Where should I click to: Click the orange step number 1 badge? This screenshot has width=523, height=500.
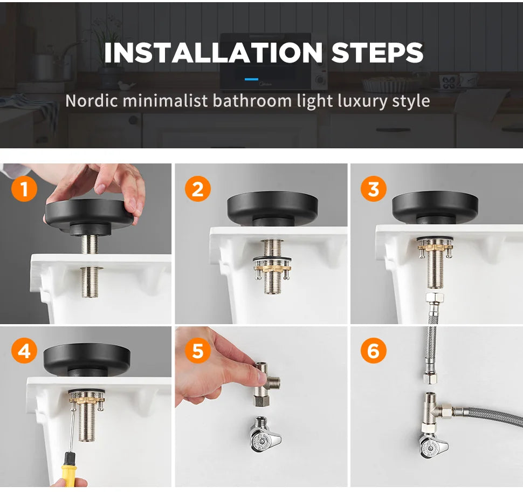pyautogui.click(x=24, y=189)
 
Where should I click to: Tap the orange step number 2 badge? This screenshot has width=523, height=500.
pyautogui.click(x=198, y=189)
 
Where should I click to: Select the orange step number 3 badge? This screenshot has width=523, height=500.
pyautogui.click(x=373, y=189)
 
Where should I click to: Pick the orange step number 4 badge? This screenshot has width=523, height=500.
pyautogui.click(x=24, y=351)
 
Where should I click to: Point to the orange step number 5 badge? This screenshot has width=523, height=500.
pyautogui.click(x=198, y=351)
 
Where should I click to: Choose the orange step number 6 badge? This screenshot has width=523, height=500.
pyautogui.click(x=373, y=351)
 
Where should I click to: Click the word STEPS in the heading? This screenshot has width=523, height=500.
pyautogui.click(x=377, y=52)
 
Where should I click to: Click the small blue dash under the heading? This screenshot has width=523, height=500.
pyautogui.click(x=251, y=79)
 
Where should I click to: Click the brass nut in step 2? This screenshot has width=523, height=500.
pyautogui.click(x=273, y=266)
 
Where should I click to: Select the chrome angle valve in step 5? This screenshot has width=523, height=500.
pyautogui.click(x=262, y=436)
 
